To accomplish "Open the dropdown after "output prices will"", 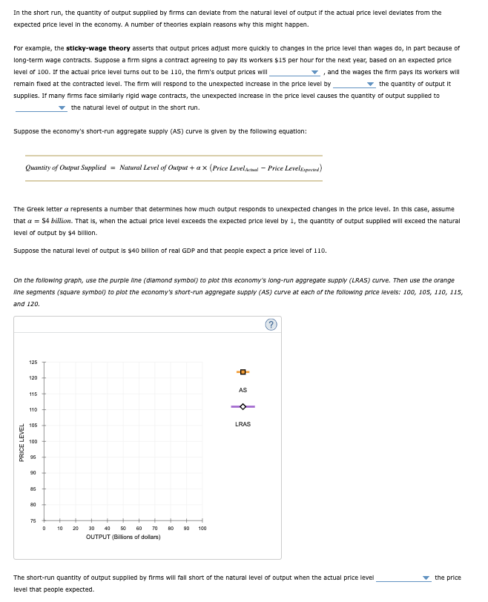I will [294, 73].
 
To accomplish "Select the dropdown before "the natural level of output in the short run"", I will [41, 108].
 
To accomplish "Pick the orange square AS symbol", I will [243, 371].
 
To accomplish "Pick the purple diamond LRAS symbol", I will [243, 406].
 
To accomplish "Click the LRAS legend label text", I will [243, 424].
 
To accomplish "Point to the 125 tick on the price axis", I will [33, 363].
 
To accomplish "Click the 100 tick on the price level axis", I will [33, 442].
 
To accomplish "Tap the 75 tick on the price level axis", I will [33, 521].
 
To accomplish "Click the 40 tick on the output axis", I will [108, 529].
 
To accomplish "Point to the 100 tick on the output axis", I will [202, 529].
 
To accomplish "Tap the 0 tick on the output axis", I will [44, 529].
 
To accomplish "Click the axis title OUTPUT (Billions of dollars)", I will [123, 537].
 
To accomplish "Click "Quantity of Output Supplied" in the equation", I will [65, 168].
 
